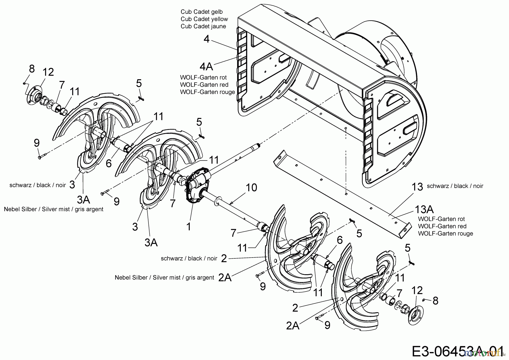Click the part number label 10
click(x=251, y=187)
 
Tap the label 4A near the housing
click(x=206, y=67)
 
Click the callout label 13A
click(x=424, y=209)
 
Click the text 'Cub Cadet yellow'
click(x=204, y=19)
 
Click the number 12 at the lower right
click(x=417, y=290)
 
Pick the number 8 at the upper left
click(x=32, y=68)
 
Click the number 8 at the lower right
click(x=435, y=301)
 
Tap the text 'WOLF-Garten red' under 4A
click(x=204, y=85)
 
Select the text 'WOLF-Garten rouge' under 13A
click(x=445, y=233)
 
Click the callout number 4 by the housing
click(x=206, y=39)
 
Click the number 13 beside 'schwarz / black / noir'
click(x=417, y=187)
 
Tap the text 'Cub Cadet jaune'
click(x=203, y=26)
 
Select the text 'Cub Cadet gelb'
click(x=202, y=12)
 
